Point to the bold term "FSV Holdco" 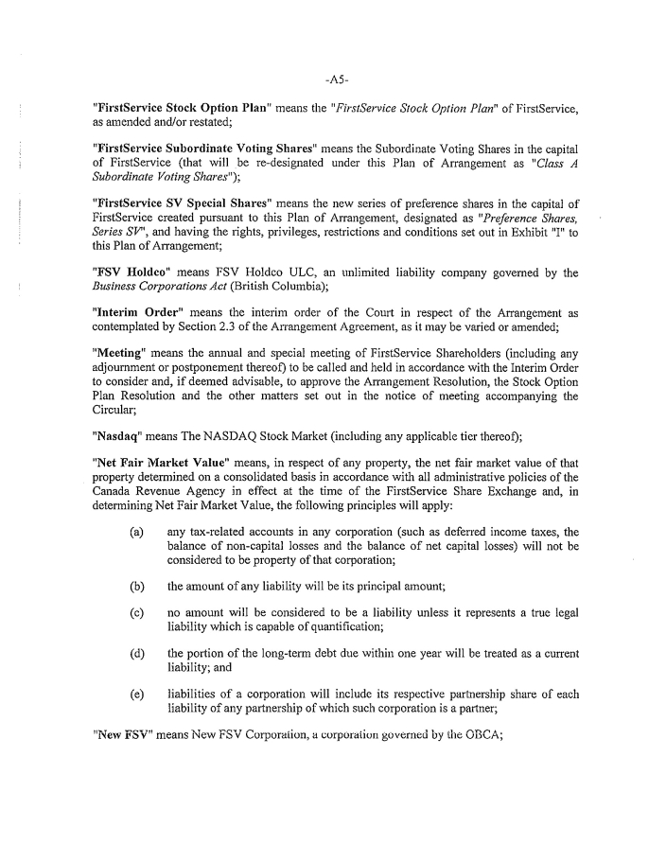(x=126, y=274)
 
